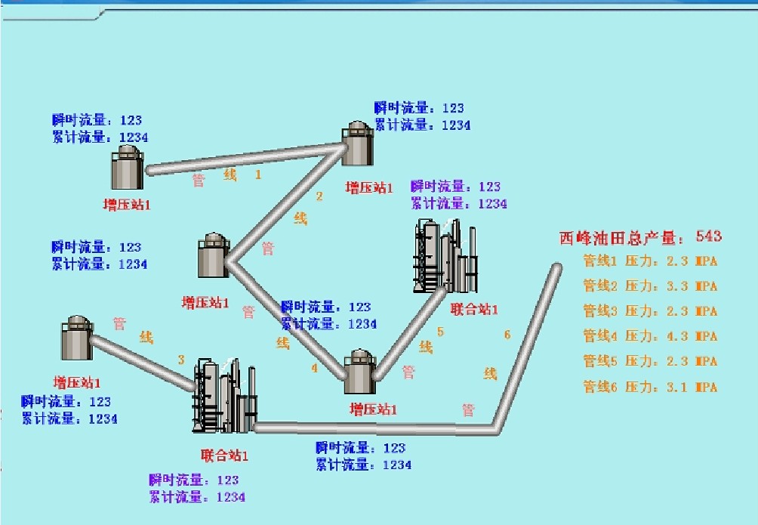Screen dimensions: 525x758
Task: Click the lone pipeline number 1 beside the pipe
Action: pos(258,174)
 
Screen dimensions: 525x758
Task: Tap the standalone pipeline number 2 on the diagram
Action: pos(319,197)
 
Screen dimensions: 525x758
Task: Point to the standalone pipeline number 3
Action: pos(181,360)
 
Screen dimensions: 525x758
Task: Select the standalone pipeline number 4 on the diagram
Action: pos(315,369)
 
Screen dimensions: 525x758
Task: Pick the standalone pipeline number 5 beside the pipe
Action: pos(440,332)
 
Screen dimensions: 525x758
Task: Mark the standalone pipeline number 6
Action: pos(507,335)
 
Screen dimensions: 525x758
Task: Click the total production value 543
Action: pos(709,237)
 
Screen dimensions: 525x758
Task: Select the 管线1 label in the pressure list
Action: pos(600,261)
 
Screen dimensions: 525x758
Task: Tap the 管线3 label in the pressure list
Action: pos(600,311)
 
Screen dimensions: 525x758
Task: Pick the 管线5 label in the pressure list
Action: pos(600,361)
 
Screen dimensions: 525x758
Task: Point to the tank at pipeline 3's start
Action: pos(76,338)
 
